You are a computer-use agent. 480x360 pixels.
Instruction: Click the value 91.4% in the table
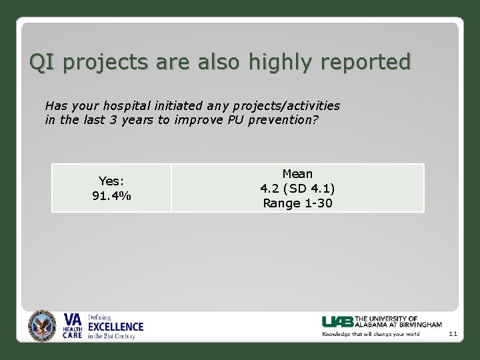pyautogui.click(x=111, y=196)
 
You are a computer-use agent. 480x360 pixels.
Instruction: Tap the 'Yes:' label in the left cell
pyautogui.click(x=111, y=181)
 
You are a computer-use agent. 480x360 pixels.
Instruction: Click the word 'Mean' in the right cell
pyautogui.click(x=297, y=174)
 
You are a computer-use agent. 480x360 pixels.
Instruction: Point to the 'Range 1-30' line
pyautogui.click(x=297, y=203)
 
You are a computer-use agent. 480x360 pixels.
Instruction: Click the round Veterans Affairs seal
pyautogui.click(x=43, y=326)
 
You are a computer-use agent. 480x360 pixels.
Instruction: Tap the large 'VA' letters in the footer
pyautogui.click(x=72, y=319)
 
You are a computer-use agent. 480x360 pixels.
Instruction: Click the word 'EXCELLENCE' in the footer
pyautogui.click(x=116, y=327)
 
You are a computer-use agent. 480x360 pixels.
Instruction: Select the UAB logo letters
pyautogui.click(x=338, y=321)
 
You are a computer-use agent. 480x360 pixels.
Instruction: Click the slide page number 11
pyautogui.click(x=453, y=333)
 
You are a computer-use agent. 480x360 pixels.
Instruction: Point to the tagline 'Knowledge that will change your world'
pyautogui.click(x=371, y=334)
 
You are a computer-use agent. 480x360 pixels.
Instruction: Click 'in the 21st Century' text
pyautogui.click(x=111, y=336)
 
